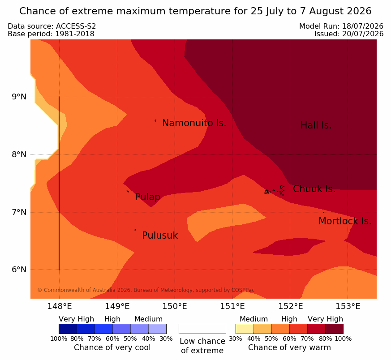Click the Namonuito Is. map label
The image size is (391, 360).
tap(194, 123)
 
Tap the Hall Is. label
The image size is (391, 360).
tap(316, 125)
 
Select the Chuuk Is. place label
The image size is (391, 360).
tap(314, 189)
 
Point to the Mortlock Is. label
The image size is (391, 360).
tap(345, 221)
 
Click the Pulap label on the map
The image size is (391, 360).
tap(148, 197)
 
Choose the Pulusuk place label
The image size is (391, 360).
tap(160, 236)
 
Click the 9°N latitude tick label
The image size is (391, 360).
tap(19, 97)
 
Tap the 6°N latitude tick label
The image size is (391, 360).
tap(19, 270)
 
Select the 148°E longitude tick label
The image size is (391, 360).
tap(60, 306)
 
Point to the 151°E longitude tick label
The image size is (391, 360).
tap(232, 306)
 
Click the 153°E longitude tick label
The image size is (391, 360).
tap(348, 306)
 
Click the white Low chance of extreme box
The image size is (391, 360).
tap(202, 329)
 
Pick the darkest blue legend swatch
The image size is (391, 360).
tap(68, 329)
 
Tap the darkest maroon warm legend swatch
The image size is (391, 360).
tap(335, 329)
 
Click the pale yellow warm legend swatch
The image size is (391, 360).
tap(245, 329)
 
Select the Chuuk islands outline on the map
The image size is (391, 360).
tap(275, 191)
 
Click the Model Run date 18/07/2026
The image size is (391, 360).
tap(363, 26)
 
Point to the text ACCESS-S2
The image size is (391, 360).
tap(76, 26)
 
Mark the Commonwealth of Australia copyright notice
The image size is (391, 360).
tap(146, 290)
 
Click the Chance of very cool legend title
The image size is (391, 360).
tap(112, 347)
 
